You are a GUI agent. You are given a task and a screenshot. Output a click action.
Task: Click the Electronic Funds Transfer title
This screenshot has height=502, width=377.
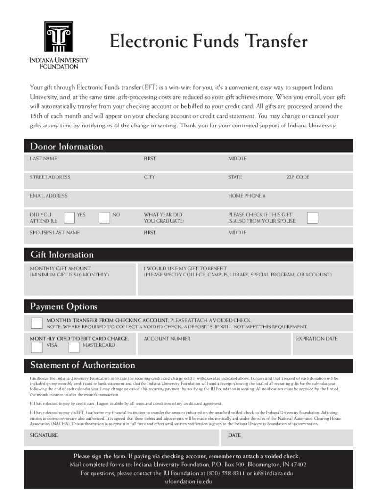[209, 41]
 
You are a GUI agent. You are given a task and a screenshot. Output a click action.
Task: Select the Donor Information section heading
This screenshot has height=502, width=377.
[67, 146]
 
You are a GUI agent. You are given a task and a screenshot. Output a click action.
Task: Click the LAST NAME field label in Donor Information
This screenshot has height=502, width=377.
[44, 159]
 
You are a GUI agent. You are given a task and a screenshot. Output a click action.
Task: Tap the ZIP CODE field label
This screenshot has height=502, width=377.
[298, 177]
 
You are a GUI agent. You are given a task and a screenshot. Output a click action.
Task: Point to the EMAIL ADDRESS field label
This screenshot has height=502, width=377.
[48, 196]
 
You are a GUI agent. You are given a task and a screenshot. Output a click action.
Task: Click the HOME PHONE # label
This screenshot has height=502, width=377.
[246, 196]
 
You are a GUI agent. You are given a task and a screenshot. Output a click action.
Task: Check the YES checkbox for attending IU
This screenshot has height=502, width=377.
[69, 217]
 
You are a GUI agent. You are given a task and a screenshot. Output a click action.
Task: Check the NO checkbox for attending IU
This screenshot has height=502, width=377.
[104, 217]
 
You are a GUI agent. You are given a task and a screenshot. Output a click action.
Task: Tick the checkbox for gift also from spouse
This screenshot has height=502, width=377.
[312, 217]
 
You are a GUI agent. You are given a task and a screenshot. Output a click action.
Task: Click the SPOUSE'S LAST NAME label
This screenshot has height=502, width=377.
[55, 233]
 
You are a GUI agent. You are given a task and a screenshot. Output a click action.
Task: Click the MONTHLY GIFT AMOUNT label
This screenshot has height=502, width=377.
[60, 268]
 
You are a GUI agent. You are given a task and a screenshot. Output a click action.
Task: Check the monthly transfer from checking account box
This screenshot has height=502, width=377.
[36, 323]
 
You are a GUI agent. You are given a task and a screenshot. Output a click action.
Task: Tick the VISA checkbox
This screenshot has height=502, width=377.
[36, 348]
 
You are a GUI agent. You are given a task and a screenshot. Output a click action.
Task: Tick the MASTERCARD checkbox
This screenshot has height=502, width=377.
[74, 348]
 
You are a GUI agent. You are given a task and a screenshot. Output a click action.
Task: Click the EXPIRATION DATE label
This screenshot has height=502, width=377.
[316, 339]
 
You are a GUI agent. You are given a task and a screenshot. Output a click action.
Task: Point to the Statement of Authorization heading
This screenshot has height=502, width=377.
[82, 365]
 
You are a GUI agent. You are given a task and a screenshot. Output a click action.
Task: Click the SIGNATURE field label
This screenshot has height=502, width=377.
[44, 435]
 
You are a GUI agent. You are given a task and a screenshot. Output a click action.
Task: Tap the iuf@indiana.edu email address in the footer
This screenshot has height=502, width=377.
[273, 473]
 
